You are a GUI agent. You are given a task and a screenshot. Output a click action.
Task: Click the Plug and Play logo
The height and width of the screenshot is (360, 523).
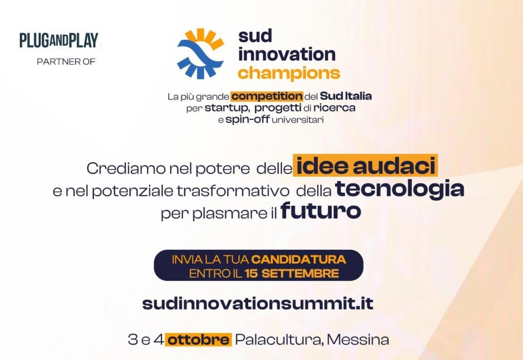(59, 40)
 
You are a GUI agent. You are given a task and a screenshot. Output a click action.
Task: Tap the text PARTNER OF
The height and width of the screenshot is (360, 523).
(66, 62)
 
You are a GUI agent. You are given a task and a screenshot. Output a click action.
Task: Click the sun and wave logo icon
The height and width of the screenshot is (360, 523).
(200, 54)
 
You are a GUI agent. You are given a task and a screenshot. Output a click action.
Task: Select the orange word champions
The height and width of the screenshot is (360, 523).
(289, 73)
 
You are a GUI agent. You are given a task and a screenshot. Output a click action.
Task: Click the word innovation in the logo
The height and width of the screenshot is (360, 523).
(287, 54)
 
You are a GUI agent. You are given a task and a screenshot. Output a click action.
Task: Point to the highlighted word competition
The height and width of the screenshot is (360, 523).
(267, 97)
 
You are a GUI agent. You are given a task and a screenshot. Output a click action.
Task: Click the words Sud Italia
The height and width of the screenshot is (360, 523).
(346, 96)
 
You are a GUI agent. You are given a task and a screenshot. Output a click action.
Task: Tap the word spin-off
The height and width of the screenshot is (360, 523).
(248, 119)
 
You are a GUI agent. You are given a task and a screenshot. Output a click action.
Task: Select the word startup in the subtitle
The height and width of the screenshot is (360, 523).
(226, 108)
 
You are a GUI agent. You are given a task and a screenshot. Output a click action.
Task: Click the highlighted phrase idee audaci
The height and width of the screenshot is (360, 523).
(366, 165)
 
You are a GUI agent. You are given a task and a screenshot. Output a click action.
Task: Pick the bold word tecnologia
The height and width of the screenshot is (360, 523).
(399, 188)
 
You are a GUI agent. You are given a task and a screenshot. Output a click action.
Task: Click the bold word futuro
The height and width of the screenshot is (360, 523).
(321, 211)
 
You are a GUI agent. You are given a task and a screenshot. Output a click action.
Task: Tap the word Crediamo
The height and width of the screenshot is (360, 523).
(126, 169)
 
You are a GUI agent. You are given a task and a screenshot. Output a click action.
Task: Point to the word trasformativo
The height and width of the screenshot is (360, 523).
(233, 191)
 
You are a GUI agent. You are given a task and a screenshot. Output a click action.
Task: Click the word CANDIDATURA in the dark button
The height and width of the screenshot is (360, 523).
(298, 259)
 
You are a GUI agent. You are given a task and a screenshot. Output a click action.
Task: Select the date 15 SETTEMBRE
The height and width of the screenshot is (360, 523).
(292, 274)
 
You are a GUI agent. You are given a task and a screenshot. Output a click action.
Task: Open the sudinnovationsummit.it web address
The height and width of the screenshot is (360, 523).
(258, 303)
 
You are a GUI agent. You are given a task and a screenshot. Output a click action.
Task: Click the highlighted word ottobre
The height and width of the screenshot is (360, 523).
(199, 340)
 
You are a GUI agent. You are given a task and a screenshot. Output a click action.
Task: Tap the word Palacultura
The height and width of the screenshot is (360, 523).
(279, 340)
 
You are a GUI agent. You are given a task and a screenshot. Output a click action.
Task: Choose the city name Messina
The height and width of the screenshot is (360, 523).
(358, 340)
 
